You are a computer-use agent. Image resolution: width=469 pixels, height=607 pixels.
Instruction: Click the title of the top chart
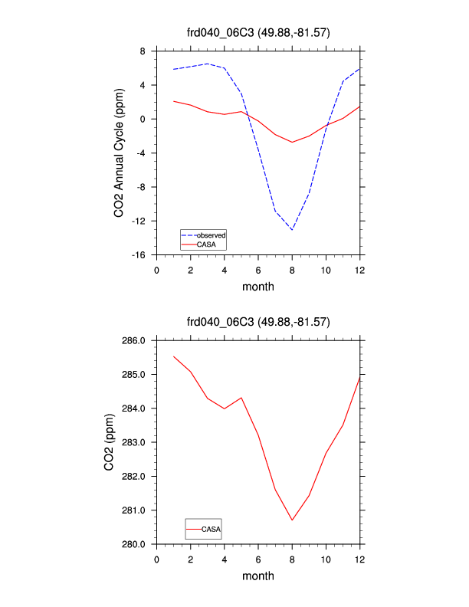click(258, 31)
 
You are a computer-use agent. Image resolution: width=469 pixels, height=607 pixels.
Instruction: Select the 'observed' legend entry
click(210, 235)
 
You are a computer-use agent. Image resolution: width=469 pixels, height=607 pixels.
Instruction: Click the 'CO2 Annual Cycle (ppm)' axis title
click(120, 153)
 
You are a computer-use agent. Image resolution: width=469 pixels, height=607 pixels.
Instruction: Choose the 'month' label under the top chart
click(258, 287)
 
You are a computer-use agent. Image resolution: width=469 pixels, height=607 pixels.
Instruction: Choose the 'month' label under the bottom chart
click(258, 576)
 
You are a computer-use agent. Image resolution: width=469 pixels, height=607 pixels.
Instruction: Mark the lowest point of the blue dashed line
click(292, 230)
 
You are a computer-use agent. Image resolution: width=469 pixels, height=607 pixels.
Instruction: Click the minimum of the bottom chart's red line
click(292, 520)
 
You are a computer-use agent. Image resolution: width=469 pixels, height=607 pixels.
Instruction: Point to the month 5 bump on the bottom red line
click(241, 398)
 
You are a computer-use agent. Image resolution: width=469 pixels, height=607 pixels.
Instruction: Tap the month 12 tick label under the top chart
click(359, 270)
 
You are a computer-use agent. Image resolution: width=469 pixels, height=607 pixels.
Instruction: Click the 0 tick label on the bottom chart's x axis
click(157, 559)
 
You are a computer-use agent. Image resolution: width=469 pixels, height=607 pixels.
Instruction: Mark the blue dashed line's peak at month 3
click(208, 64)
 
